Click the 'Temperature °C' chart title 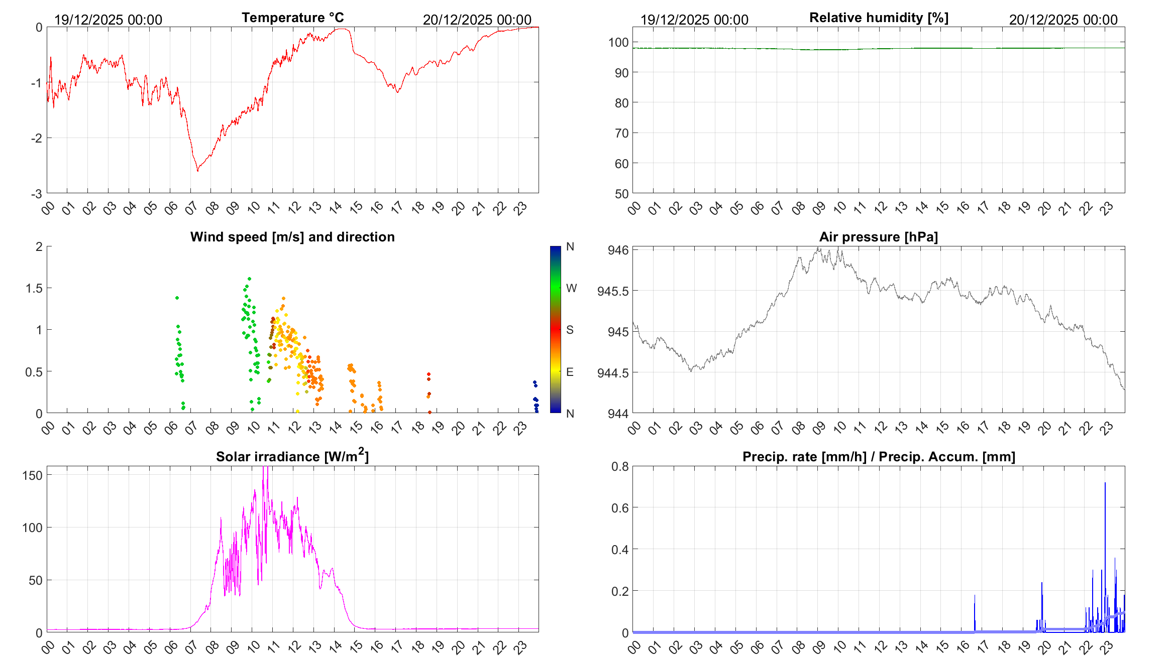292,18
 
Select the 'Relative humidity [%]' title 879,18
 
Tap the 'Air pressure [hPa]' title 879,237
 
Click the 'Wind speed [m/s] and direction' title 292,237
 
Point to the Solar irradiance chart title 292,456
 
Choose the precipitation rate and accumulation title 879,457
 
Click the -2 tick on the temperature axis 37,138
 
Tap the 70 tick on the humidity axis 621,133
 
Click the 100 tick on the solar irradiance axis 32,528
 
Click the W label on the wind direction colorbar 571,288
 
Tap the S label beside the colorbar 570,330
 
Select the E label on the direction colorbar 570,372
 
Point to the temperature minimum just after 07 197,171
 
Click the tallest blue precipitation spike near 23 1105,483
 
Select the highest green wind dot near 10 249,279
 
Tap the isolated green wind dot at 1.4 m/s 177,298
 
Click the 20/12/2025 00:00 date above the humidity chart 1063,20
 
